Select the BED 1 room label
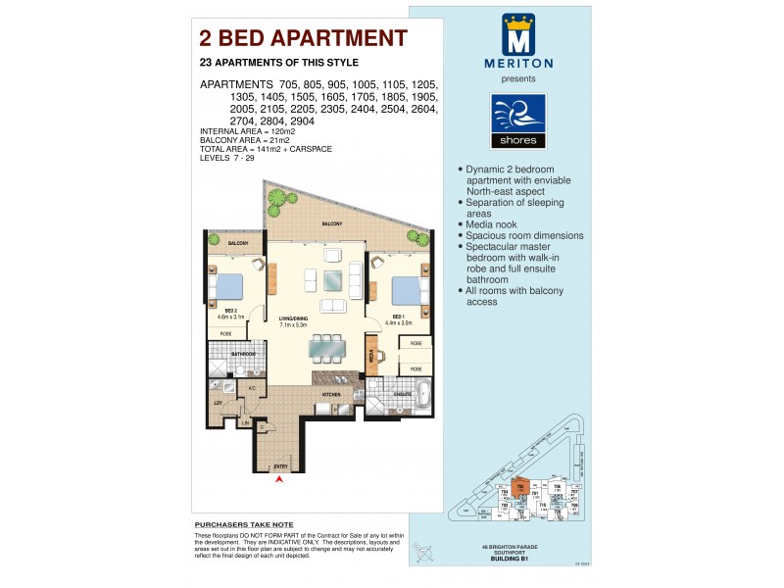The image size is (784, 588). click(x=399, y=317)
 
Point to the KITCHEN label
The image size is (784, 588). click(x=330, y=394)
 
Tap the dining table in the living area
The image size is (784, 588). click(x=326, y=347)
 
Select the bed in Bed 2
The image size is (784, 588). click(x=225, y=286)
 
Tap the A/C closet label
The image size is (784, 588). click(x=251, y=387)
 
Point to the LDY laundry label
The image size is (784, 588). click(x=219, y=402)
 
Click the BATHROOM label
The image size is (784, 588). click(x=243, y=354)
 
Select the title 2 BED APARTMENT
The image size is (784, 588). click(x=303, y=38)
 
